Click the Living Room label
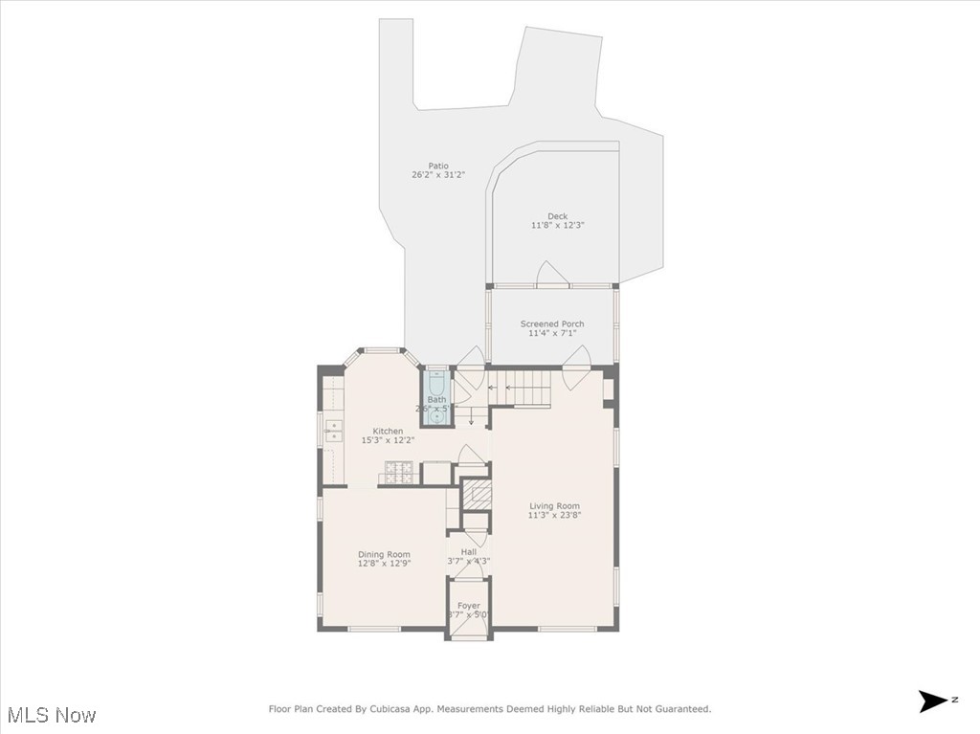(x=555, y=506)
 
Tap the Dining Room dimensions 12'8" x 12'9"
(x=384, y=564)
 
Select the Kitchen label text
(x=388, y=432)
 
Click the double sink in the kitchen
(x=333, y=431)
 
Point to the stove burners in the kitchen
(x=399, y=472)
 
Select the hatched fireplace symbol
(x=477, y=494)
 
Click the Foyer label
(x=468, y=606)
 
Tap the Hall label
(x=468, y=552)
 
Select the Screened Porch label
(x=552, y=324)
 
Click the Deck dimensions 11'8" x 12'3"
(x=557, y=226)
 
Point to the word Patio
(x=438, y=167)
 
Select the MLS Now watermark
(x=52, y=715)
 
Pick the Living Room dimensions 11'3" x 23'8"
(x=555, y=516)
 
